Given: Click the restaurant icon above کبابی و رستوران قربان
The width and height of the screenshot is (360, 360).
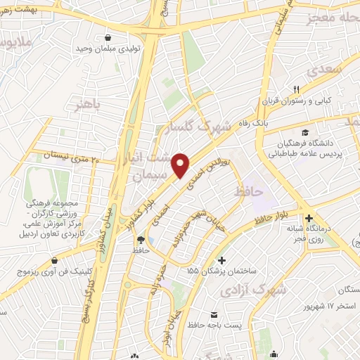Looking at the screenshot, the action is click(x=297, y=89).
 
